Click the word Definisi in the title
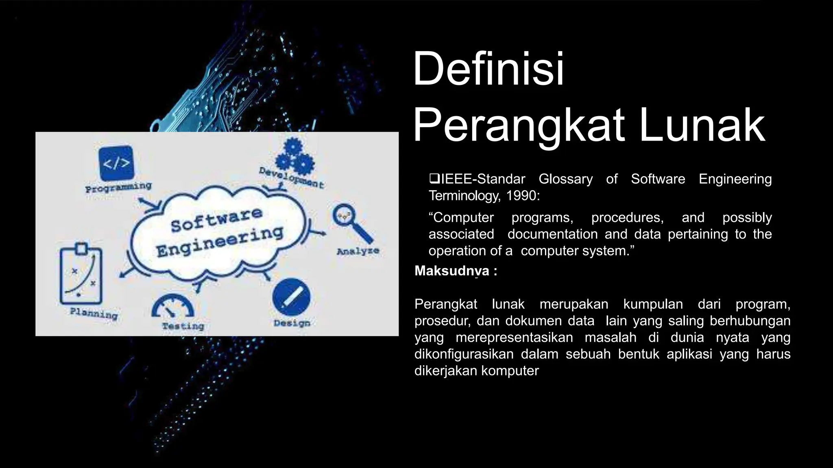488,69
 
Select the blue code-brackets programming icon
116,163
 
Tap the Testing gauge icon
173,306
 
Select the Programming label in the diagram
118,188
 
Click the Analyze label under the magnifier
358,251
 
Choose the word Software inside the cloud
216,220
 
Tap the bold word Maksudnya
451,271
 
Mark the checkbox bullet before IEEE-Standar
434,178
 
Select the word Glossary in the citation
565,179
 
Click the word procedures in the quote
627,217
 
